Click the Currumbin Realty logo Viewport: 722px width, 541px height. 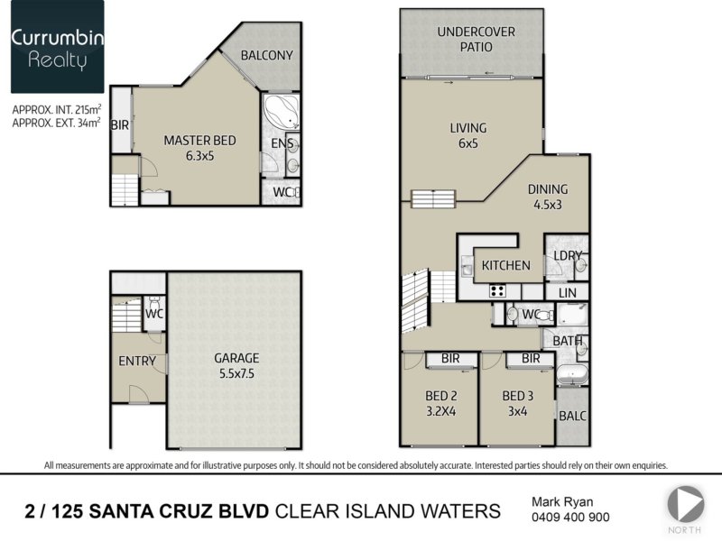pos(58,47)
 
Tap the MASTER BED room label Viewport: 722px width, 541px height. pos(199,141)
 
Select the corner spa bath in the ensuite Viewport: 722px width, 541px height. pos(281,112)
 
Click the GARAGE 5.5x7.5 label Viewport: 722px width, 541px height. pos(236,365)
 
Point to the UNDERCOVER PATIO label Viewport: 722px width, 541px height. pos(477,39)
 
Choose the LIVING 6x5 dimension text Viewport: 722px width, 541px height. pos(467,135)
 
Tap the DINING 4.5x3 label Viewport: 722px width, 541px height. pos(548,197)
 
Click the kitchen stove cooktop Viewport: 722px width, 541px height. pos(497,290)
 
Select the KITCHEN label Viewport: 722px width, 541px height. pos(505,265)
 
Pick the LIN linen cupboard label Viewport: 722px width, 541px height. pos(568,293)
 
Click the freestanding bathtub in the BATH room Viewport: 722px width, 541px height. pos(572,374)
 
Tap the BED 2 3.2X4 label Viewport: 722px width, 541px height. pos(441,403)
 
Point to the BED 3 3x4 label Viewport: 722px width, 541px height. pos(517,403)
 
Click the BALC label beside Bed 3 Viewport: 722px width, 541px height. pos(572,416)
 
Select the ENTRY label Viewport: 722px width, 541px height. pos(137,362)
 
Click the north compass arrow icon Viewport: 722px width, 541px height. pos(686,504)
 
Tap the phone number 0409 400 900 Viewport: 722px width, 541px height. pos(570,518)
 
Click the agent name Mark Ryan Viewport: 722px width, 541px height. pos(562,502)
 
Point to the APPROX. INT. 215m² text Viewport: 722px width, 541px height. pos(57,109)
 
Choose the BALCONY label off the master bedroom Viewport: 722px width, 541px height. pos(266,56)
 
